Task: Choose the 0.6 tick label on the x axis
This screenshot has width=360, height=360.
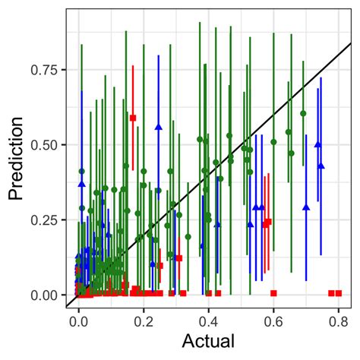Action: (273, 321)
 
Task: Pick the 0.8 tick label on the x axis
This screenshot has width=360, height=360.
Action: (337, 321)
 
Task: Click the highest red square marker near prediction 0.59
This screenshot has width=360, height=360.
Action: (133, 118)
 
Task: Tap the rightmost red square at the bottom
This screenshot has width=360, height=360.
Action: (339, 292)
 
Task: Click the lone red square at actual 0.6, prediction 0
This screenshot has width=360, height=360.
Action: (273, 292)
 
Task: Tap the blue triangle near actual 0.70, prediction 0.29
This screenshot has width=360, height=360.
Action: (306, 207)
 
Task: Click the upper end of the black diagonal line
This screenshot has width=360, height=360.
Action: (350, 44)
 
